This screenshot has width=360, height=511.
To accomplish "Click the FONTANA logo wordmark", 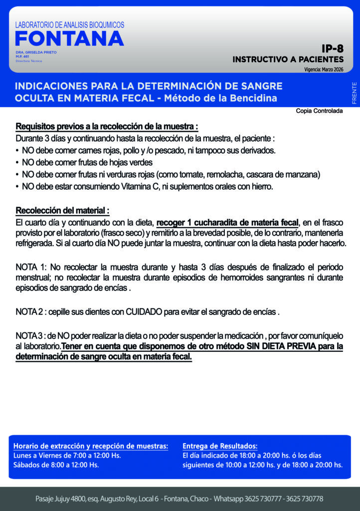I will coord(69,38).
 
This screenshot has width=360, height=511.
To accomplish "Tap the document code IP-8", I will coord(332,49).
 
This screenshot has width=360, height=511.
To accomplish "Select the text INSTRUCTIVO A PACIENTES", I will coord(288,59).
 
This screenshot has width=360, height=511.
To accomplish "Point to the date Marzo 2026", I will coord(332,70).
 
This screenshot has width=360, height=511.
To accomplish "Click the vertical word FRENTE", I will coord(354,93).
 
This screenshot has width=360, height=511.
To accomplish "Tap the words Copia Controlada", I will coord(319,111).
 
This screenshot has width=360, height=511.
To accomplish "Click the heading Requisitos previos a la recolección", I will coord(107,126).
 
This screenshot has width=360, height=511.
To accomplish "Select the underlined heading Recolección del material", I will coord(62,210).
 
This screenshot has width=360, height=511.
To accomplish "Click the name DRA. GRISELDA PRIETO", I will coord(36,52).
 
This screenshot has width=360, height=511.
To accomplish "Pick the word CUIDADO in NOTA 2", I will coord(144,312).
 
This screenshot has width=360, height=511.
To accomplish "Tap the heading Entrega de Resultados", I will coord(220,446).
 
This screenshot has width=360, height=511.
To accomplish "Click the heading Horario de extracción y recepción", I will coord(90,446).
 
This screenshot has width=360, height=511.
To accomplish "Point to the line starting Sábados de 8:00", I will coord(56,465).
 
